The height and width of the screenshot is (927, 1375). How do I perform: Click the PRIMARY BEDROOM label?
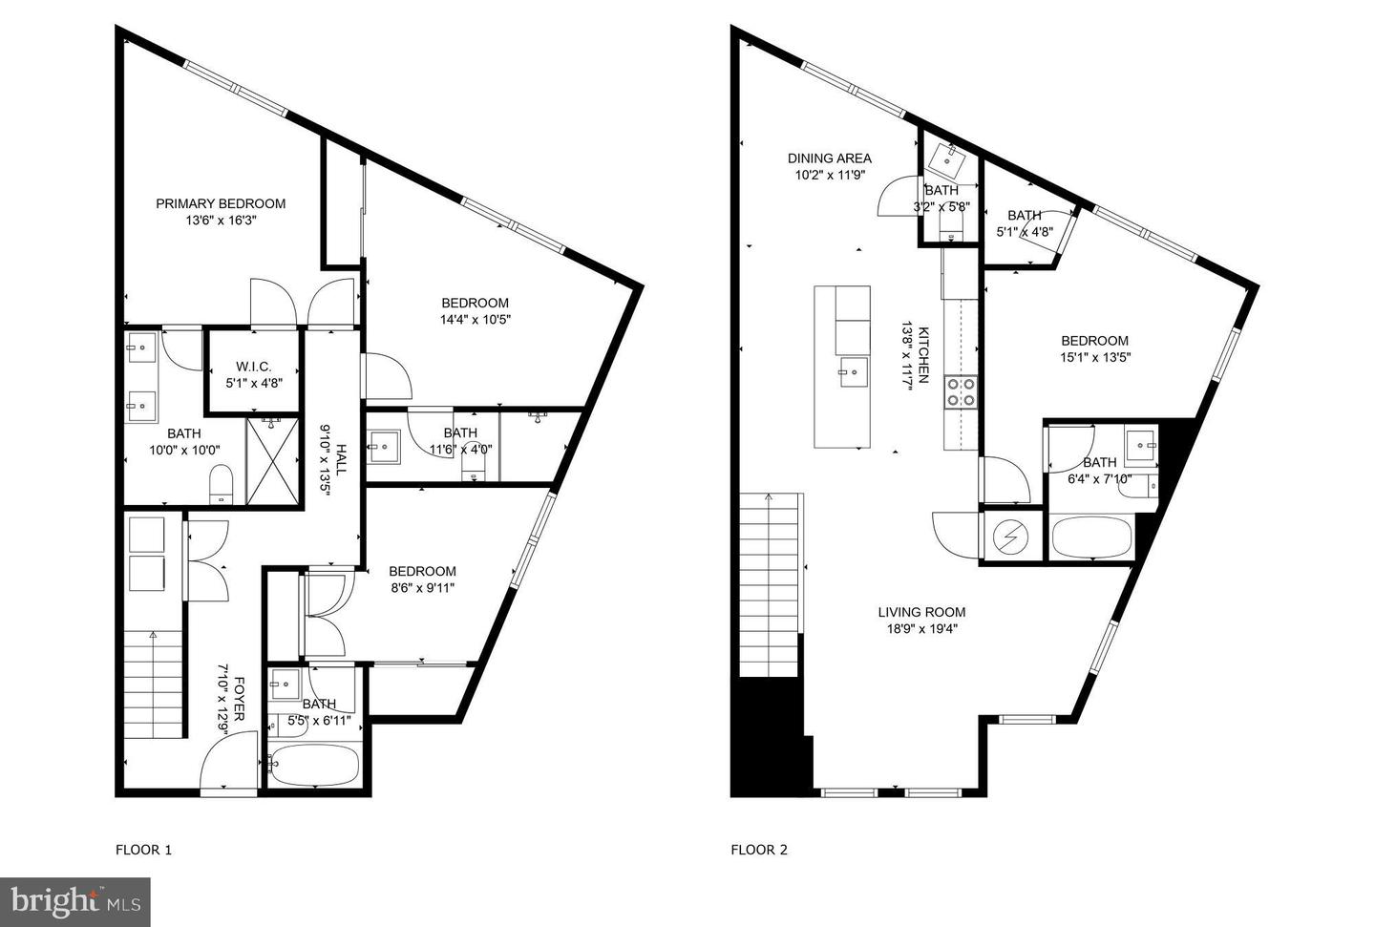(221, 203)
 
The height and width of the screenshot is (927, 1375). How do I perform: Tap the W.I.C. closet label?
(254, 367)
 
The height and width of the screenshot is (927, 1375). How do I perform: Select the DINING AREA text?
(829, 158)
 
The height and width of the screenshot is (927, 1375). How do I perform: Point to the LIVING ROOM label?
(921, 612)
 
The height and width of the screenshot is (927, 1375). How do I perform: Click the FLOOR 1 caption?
(143, 850)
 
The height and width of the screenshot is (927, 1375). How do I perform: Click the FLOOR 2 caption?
(759, 850)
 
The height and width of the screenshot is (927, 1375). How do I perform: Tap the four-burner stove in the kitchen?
(961, 392)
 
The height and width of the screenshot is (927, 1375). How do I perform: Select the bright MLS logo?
(74, 902)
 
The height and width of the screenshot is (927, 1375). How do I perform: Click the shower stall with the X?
(272, 461)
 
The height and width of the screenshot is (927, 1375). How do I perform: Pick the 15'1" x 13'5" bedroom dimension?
(1095, 357)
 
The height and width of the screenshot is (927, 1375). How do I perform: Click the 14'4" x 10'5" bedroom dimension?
(476, 319)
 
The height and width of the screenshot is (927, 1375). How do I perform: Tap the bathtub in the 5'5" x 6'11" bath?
(314, 765)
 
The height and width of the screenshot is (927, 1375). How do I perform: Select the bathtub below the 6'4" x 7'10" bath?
(1091, 537)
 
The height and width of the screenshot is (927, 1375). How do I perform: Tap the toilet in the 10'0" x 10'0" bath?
(222, 484)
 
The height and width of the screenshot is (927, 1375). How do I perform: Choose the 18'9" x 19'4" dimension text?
(921, 628)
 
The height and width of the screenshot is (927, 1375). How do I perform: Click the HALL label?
(341, 459)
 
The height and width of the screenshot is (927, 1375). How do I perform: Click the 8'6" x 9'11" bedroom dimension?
(422, 588)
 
